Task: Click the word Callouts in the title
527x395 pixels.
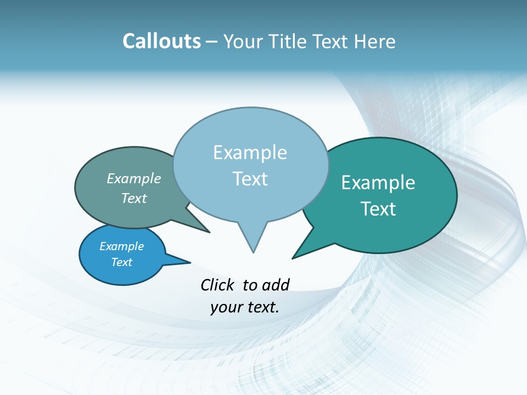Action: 161,41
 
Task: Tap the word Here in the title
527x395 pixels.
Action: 374,41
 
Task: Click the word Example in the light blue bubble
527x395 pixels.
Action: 250,153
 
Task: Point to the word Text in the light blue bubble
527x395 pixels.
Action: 250,179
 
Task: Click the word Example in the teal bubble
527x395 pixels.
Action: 378,183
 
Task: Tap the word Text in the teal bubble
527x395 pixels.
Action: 378,209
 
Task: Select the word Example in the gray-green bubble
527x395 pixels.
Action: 134,178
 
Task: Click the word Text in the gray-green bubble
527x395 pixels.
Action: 134,198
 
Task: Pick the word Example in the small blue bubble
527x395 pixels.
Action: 121,246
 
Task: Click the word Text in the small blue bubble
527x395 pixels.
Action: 121,262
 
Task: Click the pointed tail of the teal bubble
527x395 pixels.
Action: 297,255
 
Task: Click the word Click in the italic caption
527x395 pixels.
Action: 217,285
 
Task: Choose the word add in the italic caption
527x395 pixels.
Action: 275,285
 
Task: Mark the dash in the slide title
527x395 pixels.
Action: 212,42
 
